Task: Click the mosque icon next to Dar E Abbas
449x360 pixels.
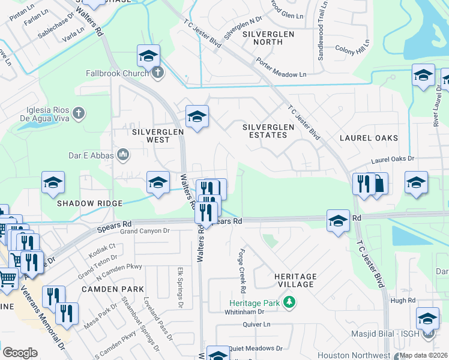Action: click(124, 155)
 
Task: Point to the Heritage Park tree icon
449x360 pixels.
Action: click(289, 302)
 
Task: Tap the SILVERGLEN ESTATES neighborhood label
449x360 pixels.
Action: click(268, 131)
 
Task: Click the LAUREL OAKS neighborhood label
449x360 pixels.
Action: click(369, 138)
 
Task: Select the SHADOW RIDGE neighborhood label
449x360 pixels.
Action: click(89, 203)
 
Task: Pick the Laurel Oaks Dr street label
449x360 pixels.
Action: click(393, 160)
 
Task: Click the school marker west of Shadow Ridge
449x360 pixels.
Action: click(53, 182)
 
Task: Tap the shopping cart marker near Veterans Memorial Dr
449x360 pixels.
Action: click(7, 278)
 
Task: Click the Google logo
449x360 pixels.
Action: click(20, 353)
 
